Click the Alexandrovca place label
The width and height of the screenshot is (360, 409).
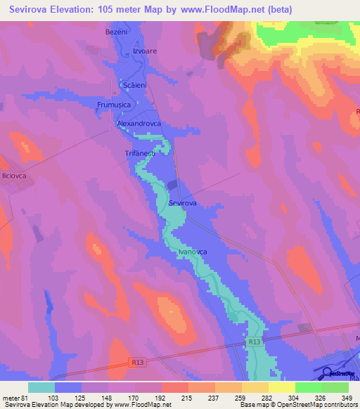click(x=139, y=123)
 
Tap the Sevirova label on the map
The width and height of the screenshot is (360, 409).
click(x=182, y=202)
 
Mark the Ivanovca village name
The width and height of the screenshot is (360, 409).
click(x=192, y=251)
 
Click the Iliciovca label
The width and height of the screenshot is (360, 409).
click(x=13, y=176)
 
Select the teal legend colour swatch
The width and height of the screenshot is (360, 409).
click(x=41, y=387)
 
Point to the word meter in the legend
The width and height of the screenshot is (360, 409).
click(x=12, y=397)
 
